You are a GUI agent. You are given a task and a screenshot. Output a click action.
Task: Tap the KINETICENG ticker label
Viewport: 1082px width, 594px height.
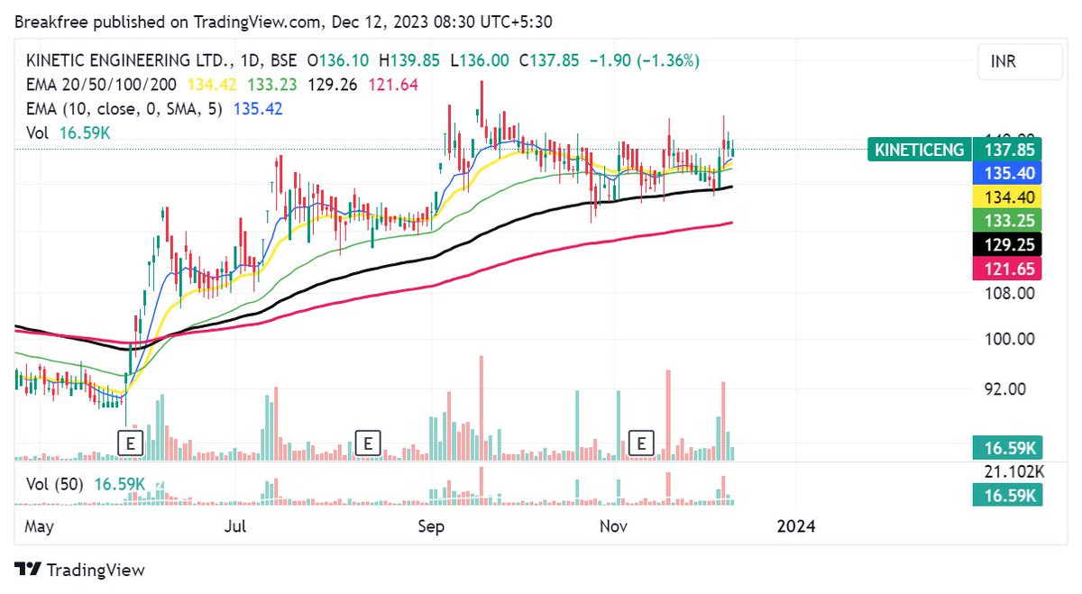tap(918, 150)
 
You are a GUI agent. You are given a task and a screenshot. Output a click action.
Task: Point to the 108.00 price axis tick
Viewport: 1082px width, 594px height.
tap(1012, 293)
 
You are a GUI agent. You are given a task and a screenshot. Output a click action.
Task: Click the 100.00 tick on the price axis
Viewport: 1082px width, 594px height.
tap(1012, 340)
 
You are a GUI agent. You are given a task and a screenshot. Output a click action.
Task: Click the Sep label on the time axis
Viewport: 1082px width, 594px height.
tap(431, 526)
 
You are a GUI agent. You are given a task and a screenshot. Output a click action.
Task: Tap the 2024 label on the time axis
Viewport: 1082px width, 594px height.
tap(795, 526)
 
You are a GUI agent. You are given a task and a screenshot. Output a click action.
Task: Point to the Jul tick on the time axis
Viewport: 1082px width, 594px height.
tap(236, 526)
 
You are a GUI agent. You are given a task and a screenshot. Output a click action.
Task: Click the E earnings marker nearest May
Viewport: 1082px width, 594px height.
tap(131, 443)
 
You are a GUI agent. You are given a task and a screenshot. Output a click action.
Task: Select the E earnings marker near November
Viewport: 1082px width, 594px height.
tap(641, 443)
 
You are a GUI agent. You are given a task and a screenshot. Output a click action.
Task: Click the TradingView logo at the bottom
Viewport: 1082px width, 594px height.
tap(80, 570)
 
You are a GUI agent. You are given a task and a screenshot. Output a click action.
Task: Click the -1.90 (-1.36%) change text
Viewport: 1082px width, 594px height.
tap(644, 60)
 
